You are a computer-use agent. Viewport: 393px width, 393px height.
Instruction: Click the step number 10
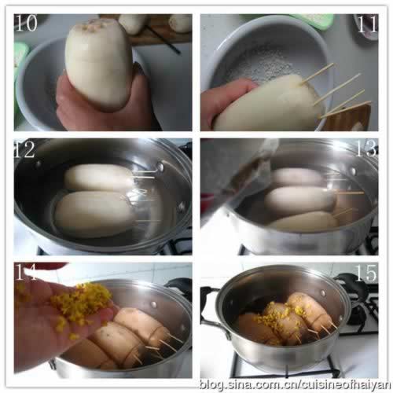(26, 23)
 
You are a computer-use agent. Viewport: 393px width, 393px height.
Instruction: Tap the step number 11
(367, 24)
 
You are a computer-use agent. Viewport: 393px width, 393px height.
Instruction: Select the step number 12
(24, 149)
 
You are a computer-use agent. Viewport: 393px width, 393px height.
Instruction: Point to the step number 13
(367, 149)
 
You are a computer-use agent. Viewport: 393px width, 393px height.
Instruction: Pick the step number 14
(26, 273)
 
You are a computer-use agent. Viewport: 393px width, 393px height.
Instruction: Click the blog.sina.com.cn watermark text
(295, 384)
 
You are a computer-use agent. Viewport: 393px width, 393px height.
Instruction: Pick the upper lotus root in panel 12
(99, 177)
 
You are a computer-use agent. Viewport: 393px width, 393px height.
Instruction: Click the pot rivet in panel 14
(153, 304)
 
